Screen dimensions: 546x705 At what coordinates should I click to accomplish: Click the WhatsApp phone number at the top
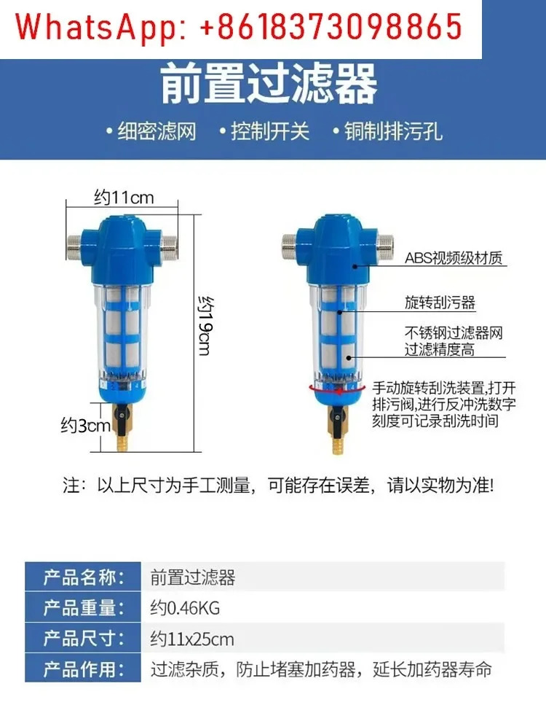[331, 26]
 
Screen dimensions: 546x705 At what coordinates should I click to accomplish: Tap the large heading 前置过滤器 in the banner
[269, 84]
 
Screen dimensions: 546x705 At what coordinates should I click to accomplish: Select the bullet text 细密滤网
[157, 132]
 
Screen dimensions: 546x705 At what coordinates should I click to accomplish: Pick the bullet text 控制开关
[270, 132]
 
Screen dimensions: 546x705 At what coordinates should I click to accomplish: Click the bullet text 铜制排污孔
[393, 132]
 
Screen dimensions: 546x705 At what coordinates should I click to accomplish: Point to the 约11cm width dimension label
[124, 198]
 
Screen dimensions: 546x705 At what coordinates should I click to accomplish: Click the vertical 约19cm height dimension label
[207, 325]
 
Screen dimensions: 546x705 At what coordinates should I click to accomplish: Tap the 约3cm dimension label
[85, 425]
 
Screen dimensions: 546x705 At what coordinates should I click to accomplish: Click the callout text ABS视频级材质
[454, 258]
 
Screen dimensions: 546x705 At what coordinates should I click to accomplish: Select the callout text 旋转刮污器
[440, 302]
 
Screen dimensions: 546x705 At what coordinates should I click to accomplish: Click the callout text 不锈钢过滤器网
[454, 332]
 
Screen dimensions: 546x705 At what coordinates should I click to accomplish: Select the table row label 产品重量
[84, 608]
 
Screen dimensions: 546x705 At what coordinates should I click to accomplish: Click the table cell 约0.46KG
[185, 608]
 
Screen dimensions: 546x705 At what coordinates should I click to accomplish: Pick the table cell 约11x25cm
[192, 639]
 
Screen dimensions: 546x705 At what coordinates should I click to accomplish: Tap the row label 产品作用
[84, 669]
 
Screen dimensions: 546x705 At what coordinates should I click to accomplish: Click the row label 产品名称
[84, 577]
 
